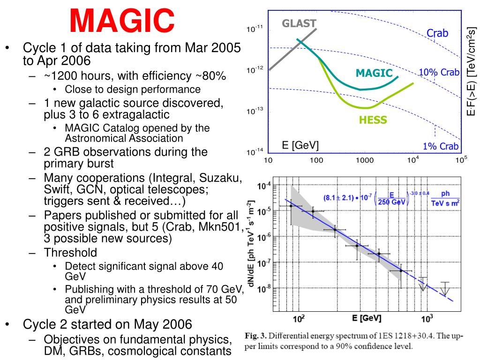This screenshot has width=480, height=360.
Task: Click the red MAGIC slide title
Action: click(x=122, y=21)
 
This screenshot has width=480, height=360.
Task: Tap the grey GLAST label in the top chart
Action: click(x=299, y=23)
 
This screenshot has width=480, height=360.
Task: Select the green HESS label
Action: click(x=373, y=120)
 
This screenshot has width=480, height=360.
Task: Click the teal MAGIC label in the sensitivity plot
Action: click(x=374, y=73)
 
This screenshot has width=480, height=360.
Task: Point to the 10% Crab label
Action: click(x=439, y=72)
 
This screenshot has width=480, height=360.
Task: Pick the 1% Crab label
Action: click(x=441, y=146)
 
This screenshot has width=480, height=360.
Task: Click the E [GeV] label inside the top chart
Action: click(x=300, y=145)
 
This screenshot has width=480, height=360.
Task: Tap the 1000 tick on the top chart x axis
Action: click(x=365, y=160)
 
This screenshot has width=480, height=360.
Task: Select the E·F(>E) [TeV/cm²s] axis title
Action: click(x=472, y=71)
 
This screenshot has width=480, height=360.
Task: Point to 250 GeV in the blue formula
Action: click(x=391, y=202)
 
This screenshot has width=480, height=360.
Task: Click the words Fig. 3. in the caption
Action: click(x=255, y=336)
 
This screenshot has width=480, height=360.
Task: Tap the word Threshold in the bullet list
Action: click(x=70, y=253)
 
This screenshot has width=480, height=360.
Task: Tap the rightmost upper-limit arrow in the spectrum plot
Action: click(x=445, y=288)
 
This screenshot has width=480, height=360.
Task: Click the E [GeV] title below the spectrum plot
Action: click(x=367, y=318)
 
